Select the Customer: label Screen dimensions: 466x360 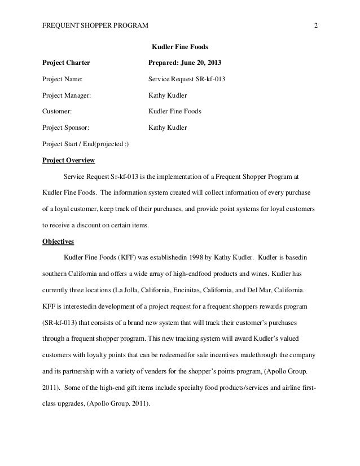(58, 112)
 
